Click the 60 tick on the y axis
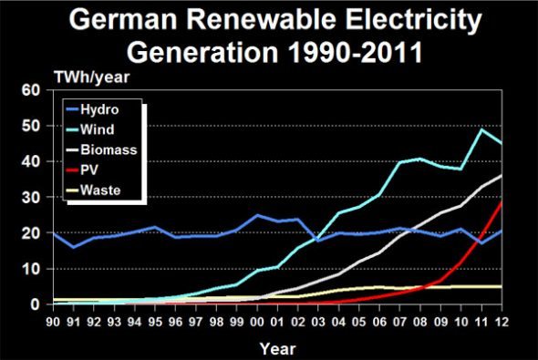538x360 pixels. click(x=31, y=90)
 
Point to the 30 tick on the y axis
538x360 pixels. click(x=31, y=198)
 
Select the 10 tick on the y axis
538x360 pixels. click(x=31, y=269)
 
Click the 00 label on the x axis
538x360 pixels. click(x=258, y=320)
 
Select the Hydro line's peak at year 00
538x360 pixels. click(x=258, y=216)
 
